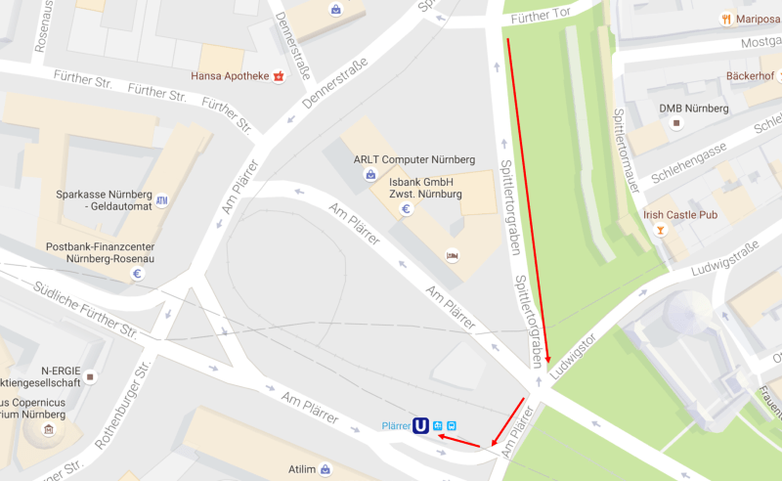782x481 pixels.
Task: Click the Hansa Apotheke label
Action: coord(231,75)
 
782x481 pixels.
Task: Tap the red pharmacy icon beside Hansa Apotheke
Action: coord(279,75)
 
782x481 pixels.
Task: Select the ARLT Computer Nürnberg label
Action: coord(413,159)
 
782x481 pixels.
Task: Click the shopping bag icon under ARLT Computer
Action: coord(370,176)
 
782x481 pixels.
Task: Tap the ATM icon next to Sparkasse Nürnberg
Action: coord(161,200)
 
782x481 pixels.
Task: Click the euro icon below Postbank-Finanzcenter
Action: coord(138,274)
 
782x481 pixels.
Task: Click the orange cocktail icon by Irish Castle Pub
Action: coord(662,231)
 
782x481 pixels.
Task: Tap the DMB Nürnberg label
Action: coord(693,108)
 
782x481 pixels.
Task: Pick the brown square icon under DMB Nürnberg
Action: coord(675,124)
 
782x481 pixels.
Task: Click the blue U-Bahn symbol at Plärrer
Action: coord(420,425)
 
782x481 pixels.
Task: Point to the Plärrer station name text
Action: coord(395,425)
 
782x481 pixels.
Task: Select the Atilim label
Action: coord(301,469)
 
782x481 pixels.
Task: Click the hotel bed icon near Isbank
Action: coord(452,255)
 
